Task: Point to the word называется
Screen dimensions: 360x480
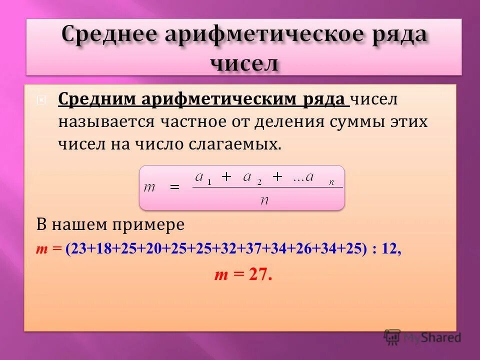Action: click(x=105, y=121)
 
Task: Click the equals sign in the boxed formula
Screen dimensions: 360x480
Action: click(x=174, y=186)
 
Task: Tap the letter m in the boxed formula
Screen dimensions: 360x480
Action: click(x=150, y=187)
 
